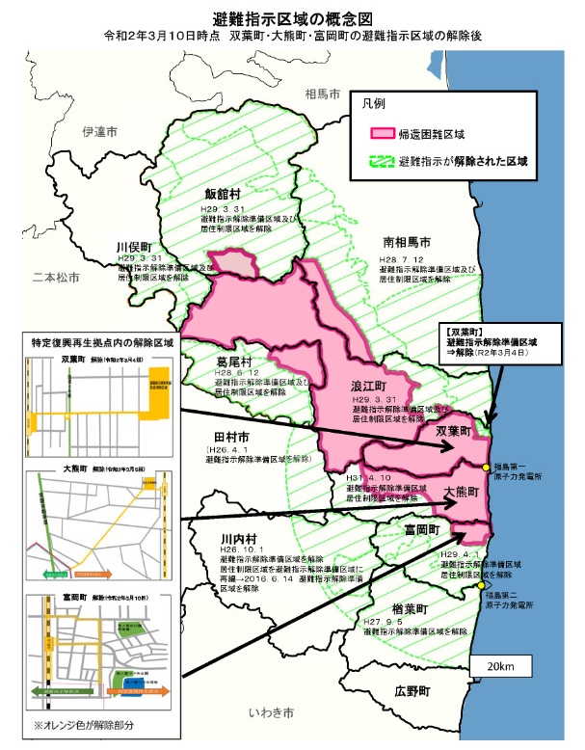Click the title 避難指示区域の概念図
click(293, 18)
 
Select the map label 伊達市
click(99, 131)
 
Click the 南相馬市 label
click(406, 241)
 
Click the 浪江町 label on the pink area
click(369, 385)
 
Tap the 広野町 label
click(413, 692)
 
